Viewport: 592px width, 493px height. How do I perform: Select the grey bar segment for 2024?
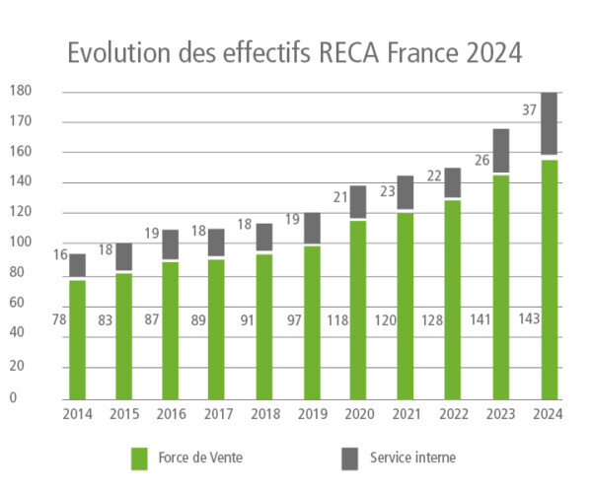click(x=550, y=124)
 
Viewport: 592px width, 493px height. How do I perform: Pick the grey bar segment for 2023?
click(x=501, y=151)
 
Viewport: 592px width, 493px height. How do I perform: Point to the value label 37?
click(x=529, y=110)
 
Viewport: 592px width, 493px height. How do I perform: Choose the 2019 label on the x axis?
click(x=313, y=415)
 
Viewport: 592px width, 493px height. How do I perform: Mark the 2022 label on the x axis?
click(x=452, y=415)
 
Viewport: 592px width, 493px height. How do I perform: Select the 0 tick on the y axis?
click(x=13, y=397)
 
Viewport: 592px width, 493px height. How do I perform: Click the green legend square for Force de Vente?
click(x=140, y=458)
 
